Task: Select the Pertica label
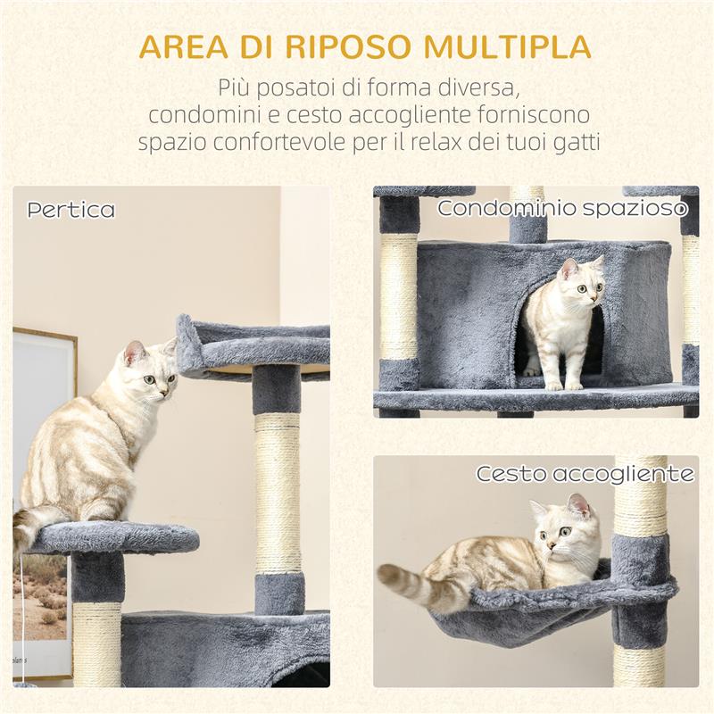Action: click(x=71, y=211)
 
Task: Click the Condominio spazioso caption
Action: click(x=562, y=209)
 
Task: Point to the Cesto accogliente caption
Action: click(x=585, y=474)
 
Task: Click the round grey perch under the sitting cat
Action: click(x=116, y=537)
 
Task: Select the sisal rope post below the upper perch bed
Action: click(x=278, y=491)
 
